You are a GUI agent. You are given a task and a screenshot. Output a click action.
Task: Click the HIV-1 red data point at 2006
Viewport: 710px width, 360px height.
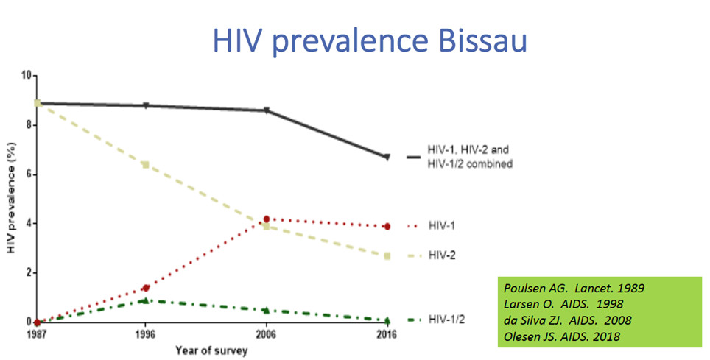tap(266, 219)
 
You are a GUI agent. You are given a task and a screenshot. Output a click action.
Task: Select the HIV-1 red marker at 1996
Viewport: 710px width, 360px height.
tap(146, 288)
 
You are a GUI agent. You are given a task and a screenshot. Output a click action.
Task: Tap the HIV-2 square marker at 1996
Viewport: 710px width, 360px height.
tap(146, 164)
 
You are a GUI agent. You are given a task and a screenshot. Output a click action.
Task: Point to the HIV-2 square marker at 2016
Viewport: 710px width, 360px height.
tap(387, 256)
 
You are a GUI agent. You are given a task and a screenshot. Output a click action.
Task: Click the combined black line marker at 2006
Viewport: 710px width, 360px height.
tap(266, 111)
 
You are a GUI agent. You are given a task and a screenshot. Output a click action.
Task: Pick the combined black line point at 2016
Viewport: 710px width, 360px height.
tap(387, 157)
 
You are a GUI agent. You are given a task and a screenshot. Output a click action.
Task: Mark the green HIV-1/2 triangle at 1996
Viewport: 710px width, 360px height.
tap(146, 300)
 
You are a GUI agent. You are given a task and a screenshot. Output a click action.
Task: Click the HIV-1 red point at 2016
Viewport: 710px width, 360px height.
tap(387, 227)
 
